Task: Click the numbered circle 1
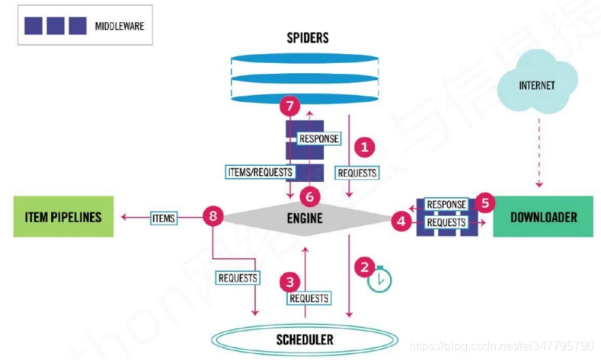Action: [367, 145]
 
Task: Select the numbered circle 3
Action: [289, 282]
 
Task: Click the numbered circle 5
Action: [484, 203]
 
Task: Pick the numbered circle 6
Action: [309, 196]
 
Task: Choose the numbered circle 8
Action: [213, 218]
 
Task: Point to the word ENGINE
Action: [305, 218]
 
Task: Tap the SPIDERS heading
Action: [307, 37]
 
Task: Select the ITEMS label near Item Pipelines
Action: [163, 218]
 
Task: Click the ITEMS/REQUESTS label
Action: [261, 172]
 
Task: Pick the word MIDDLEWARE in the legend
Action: [120, 25]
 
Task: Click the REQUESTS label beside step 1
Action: [356, 172]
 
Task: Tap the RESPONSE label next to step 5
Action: [446, 205]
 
